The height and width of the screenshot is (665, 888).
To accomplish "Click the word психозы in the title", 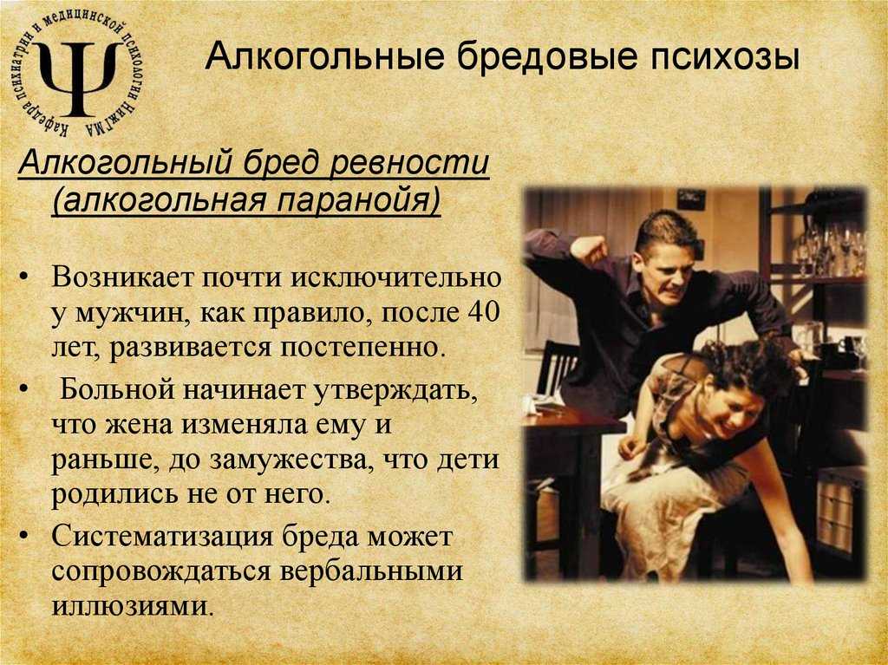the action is point(725,58).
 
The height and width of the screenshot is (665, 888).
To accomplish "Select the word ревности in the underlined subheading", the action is point(409,163).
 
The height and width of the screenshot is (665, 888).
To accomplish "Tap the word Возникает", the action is point(121,277).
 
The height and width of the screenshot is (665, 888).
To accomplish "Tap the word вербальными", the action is point(371,571).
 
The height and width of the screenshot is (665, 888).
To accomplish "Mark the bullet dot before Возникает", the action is point(23,278).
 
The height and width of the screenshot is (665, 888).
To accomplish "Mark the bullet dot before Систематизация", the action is point(23,537).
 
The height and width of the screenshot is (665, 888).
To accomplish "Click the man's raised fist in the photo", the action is point(589,250).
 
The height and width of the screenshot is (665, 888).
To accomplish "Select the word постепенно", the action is point(359,347).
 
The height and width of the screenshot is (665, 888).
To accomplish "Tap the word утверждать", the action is point(395,391).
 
